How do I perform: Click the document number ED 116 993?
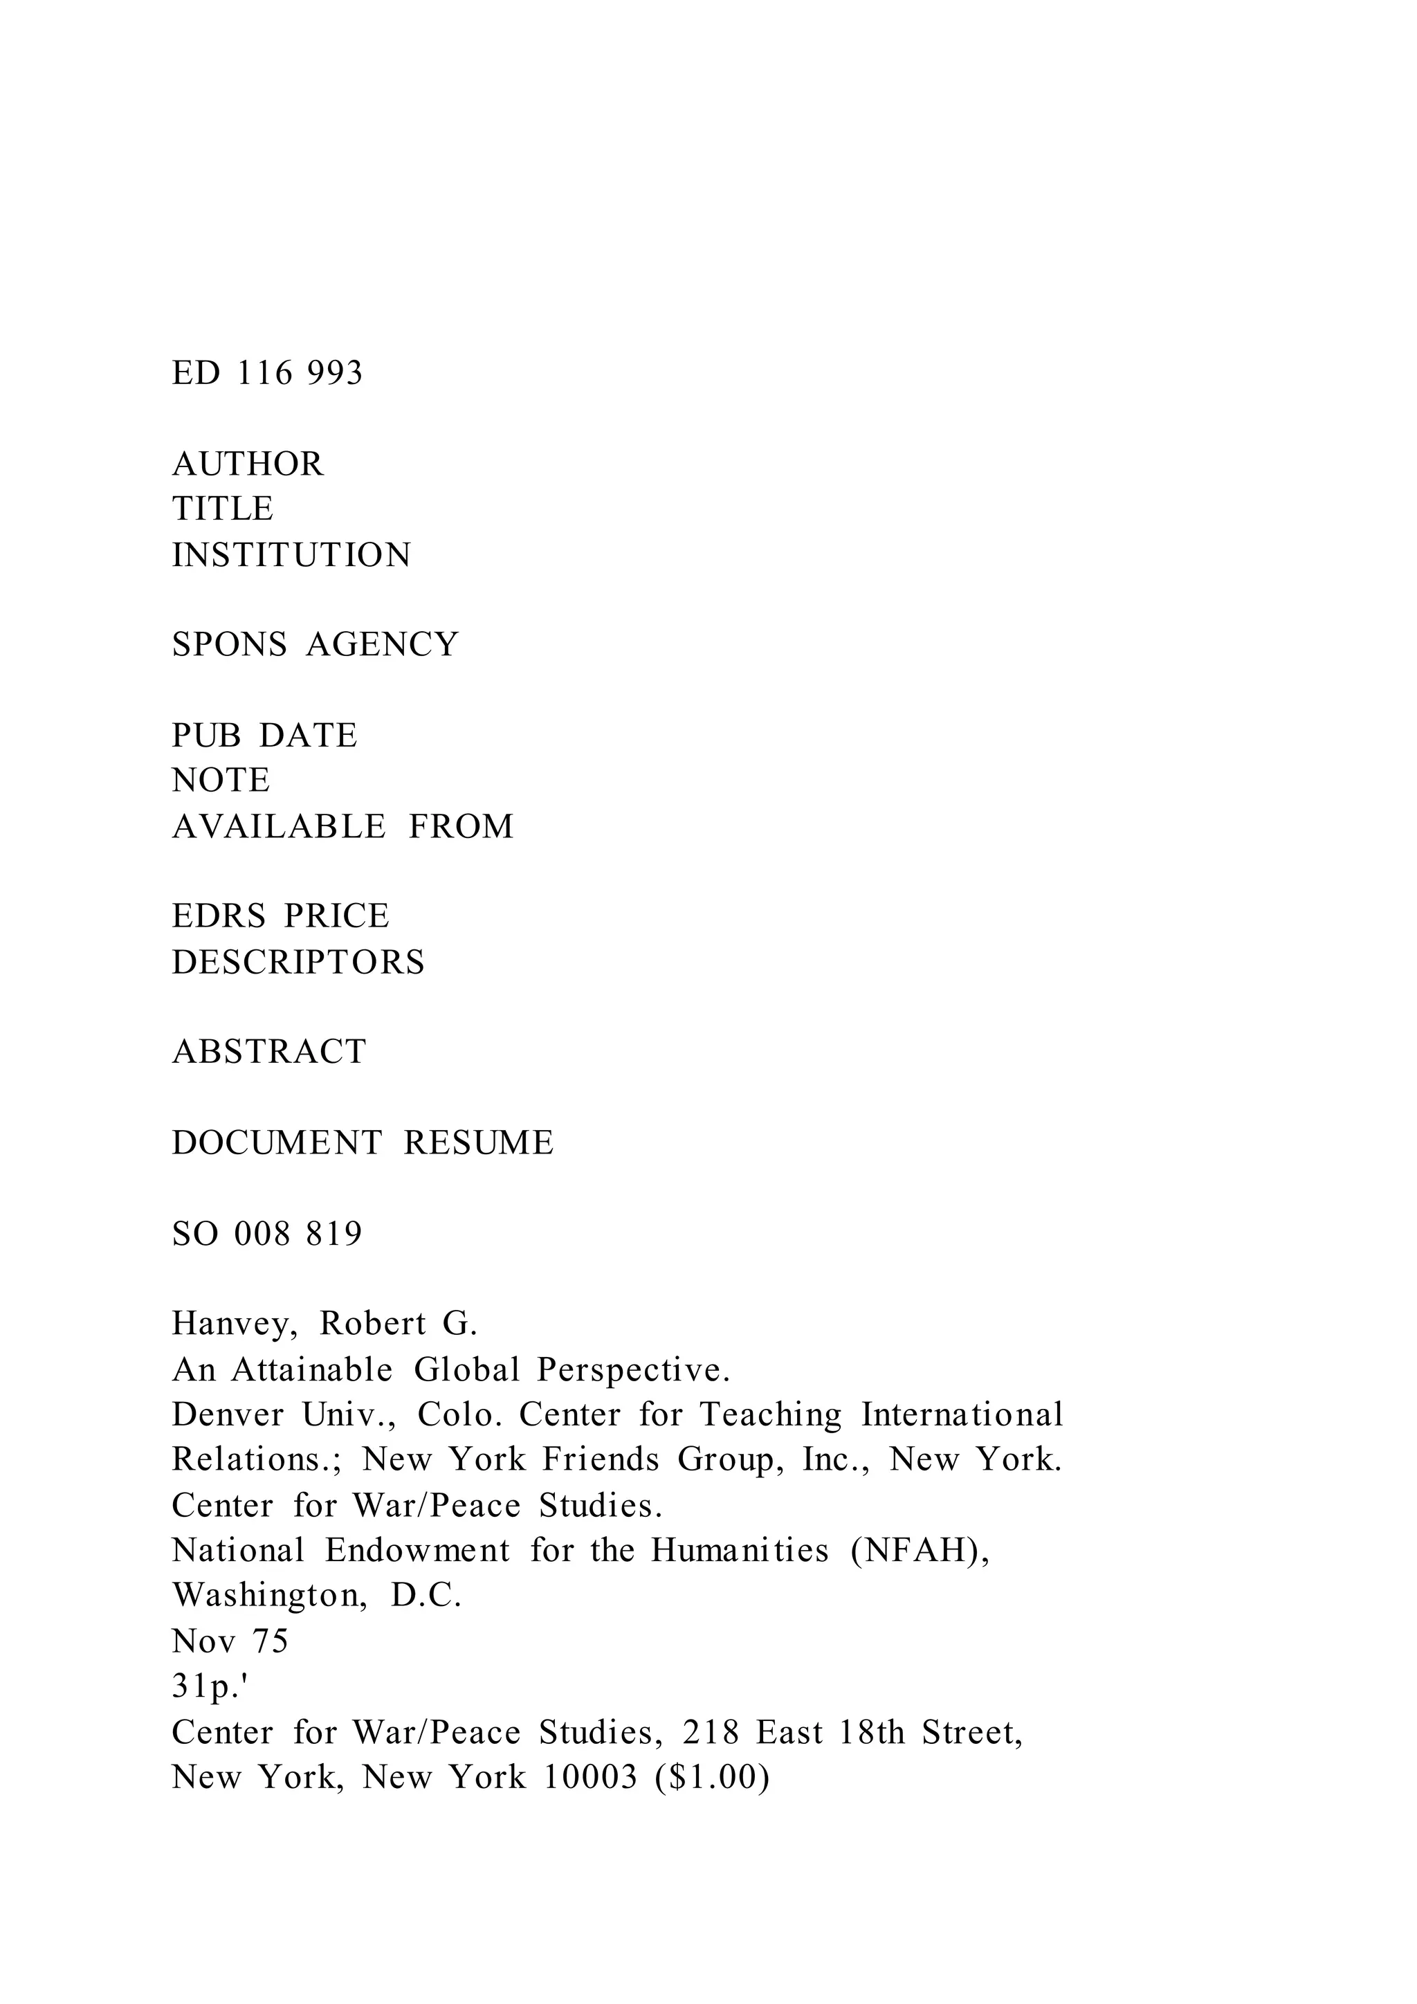pos(267,374)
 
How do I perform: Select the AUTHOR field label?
pos(248,464)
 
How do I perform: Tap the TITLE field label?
pos(223,509)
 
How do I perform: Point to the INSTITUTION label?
pos(291,555)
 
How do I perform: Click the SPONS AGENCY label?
pos(315,645)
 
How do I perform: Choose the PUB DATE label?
pos(264,736)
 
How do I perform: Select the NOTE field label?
pos(221,781)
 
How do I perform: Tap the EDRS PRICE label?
pos(280,916)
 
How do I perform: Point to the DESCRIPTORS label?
pos(298,963)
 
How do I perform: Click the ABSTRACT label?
pos(268,1052)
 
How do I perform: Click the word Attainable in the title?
pos(311,1370)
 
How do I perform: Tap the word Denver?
pos(228,1415)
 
